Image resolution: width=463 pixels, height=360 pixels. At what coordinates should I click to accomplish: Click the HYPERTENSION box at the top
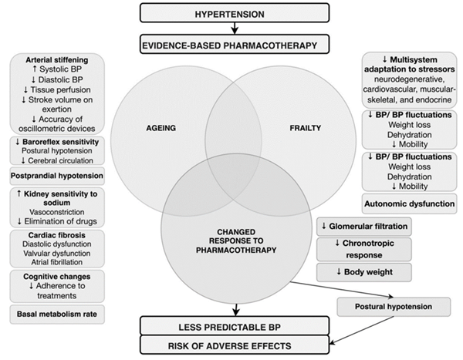(x=235, y=13)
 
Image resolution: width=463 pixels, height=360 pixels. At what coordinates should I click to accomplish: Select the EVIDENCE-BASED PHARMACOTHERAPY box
(x=235, y=44)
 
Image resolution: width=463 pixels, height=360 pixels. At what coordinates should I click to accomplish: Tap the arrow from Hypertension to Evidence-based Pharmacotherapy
(x=235, y=29)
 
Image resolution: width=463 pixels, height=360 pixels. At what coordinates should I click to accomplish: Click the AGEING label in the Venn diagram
(x=161, y=128)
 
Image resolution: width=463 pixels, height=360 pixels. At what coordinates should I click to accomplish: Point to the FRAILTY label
(x=305, y=128)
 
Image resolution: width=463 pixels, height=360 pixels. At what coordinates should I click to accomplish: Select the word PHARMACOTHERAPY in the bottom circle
(x=236, y=251)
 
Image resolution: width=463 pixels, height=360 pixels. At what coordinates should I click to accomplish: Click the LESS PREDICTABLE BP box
(x=235, y=326)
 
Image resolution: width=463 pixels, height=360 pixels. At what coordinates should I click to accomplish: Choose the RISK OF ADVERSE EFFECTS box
(x=235, y=345)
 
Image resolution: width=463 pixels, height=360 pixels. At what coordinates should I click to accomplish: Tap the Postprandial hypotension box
(x=57, y=176)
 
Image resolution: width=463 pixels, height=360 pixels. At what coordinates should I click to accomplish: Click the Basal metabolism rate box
(x=57, y=315)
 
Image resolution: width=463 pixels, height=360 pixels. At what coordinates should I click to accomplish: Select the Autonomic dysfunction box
(x=409, y=204)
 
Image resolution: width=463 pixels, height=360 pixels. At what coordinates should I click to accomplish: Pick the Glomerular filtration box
(x=364, y=227)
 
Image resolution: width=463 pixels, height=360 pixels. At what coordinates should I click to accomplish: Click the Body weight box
(x=364, y=272)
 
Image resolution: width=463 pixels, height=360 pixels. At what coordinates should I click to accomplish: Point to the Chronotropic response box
(x=364, y=249)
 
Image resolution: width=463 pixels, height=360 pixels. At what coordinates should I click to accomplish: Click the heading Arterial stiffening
(x=57, y=60)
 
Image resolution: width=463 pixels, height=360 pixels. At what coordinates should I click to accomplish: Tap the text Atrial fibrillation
(x=57, y=262)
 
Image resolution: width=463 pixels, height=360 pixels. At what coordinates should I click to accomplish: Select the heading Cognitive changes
(x=57, y=277)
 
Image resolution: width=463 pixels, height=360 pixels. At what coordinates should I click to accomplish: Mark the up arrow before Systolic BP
(x=35, y=69)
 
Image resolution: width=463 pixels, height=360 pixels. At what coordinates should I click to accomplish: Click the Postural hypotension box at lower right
(x=394, y=307)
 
